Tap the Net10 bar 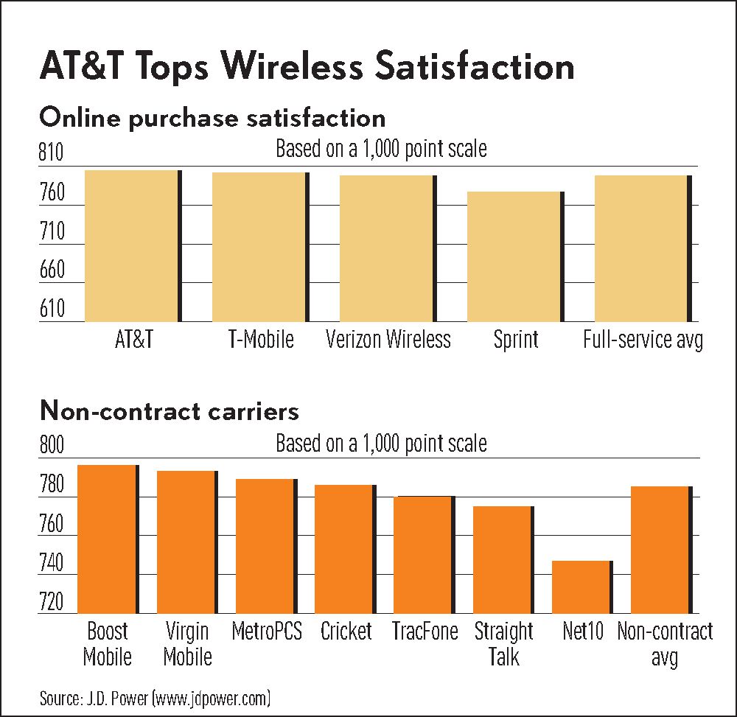581,587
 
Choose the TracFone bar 423,554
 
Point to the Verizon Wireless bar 388,248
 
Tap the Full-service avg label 643,340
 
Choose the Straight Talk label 503,643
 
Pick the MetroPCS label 266,632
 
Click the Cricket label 346,632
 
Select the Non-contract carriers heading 170,410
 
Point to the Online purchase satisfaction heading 212,118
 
